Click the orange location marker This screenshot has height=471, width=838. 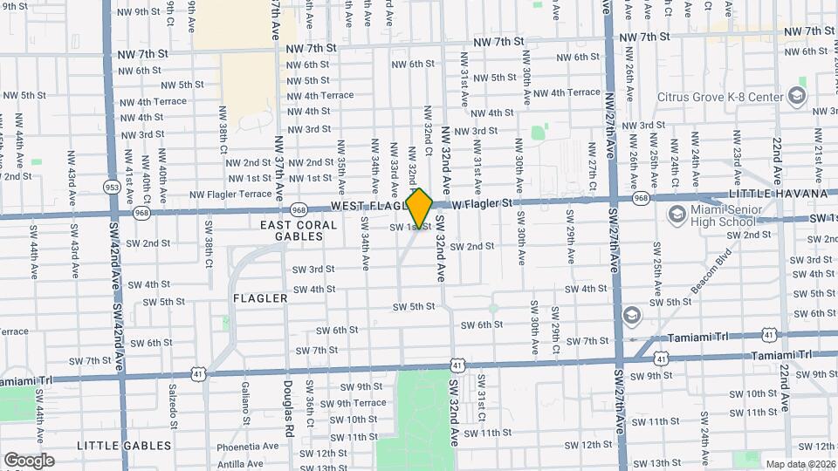tap(420, 208)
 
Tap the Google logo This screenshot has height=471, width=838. tap(29, 460)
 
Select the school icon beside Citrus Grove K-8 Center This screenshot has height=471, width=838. tap(796, 95)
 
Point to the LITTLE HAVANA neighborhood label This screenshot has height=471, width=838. tap(781, 193)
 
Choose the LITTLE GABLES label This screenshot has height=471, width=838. tap(124, 446)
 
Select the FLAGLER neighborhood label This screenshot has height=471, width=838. tap(260, 298)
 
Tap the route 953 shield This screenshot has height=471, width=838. tap(112, 188)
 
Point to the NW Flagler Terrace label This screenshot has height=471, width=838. tap(230, 195)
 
